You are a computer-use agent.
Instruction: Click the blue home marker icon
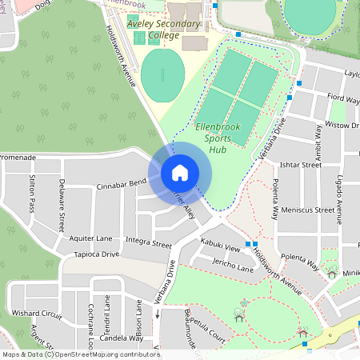[180, 172]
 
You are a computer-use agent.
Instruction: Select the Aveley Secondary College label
[164, 30]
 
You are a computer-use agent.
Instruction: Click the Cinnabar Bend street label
[121, 185]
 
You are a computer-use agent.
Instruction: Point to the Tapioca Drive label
[96, 254]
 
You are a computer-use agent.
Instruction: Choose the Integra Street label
[149, 242]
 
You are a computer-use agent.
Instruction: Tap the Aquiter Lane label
[90, 238]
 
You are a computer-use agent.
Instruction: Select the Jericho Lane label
[233, 269]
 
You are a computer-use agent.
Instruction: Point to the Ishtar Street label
[301, 166]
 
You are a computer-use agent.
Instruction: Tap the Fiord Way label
[343, 98]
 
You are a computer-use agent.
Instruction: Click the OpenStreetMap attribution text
[81, 354]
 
